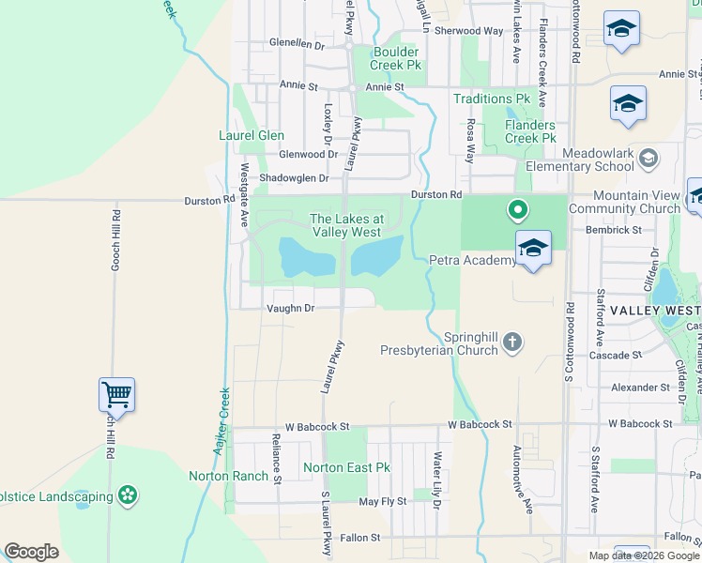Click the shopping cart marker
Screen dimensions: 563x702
[116, 394]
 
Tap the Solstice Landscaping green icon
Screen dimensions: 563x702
[128, 495]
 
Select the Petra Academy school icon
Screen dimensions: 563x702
[532, 248]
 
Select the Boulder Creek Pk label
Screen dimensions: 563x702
[398, 58]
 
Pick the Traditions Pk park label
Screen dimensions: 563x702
[491, 99]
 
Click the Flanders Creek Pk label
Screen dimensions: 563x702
[529, 131]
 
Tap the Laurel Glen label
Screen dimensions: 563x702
[252, 135]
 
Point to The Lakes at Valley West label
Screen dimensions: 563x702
[344, 225]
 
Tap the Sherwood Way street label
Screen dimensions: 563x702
[468, 31]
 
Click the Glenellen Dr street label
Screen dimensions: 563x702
[296, 44]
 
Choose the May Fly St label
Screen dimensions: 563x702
[383, 502]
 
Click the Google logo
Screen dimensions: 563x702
[31, 552]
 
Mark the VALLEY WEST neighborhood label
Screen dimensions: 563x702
[654, 310]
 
